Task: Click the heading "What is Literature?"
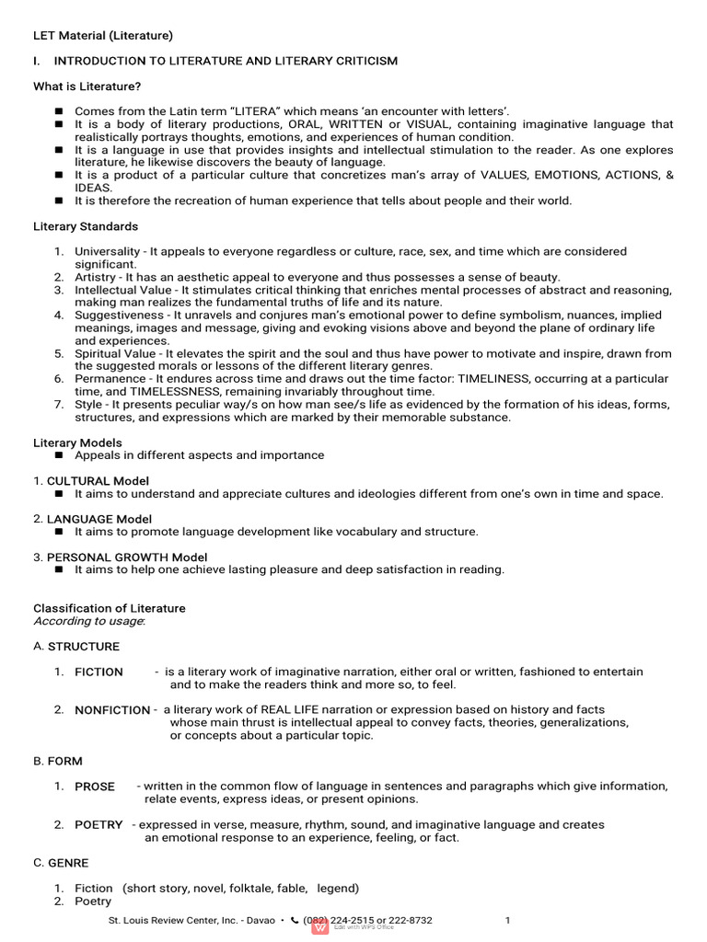click(87, 86)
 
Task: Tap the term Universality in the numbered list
click(106, 251)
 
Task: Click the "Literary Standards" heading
click(86, 226)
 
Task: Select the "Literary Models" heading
click(77, 442)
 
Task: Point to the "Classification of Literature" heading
click(109, 608)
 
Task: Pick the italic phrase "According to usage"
click(88, 621)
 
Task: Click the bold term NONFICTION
click(112, 710)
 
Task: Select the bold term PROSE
click(95, 787)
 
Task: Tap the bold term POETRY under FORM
click(99, 825)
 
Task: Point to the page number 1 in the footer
click(507, 921)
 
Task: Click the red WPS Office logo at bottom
click(320, 927)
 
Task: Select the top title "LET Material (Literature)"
click(103, 36)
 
